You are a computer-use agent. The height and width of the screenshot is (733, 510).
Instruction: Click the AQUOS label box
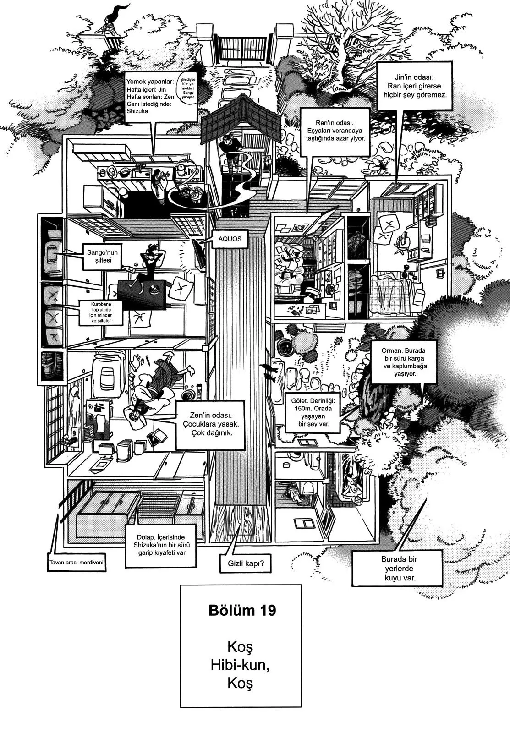230,239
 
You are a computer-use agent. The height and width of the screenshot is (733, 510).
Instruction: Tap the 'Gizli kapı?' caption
246,564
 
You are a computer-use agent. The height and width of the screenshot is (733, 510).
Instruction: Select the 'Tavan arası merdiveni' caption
76,563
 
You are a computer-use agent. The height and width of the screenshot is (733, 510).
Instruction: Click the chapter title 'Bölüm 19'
242,611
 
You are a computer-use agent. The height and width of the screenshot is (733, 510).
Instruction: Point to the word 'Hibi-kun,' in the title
240,665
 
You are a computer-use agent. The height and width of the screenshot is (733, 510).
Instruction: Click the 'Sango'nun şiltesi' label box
102,257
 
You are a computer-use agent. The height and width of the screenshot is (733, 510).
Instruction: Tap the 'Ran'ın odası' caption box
335,131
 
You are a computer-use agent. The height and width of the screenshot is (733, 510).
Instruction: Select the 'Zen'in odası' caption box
210,424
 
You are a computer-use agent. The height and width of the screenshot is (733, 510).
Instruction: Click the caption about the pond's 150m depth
313,412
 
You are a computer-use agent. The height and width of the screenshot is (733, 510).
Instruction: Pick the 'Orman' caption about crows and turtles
405,362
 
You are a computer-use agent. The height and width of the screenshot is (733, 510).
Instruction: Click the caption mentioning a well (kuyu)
397,569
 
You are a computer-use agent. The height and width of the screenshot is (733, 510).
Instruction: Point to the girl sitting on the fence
110,23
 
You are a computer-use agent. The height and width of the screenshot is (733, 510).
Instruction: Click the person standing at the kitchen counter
160,186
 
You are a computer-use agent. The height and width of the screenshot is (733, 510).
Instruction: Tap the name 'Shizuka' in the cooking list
137,111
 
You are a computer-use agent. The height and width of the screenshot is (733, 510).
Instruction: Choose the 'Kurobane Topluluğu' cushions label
101,312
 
